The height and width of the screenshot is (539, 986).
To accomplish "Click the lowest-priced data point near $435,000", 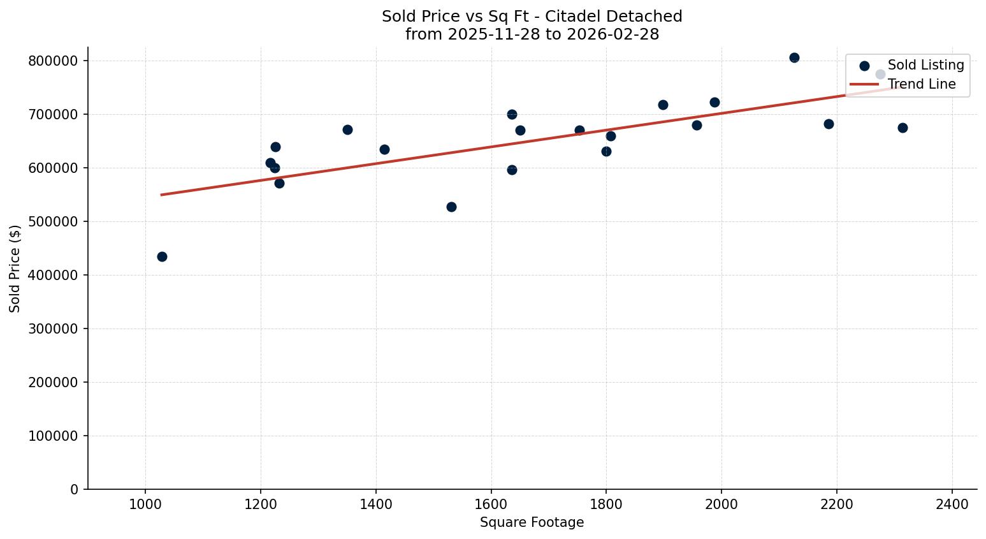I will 162,256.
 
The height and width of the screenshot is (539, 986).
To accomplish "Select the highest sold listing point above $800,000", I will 794,57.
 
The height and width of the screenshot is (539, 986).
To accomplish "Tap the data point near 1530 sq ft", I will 451,207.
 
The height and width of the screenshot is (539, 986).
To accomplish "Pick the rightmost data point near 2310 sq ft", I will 903,128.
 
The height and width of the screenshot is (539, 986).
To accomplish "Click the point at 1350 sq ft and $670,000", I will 347,129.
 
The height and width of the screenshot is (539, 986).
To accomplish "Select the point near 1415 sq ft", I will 384,149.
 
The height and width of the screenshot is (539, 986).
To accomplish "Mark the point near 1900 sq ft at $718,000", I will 663,105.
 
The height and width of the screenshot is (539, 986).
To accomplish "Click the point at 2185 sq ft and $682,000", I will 829,124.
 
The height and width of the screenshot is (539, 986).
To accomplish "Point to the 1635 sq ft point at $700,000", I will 512,114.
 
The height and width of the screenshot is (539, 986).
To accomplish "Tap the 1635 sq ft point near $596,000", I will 512,170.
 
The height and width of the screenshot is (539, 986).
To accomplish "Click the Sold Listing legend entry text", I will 925,65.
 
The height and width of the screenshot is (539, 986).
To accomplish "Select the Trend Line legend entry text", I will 921,84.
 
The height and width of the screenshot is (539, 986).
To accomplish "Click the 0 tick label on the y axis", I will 75,489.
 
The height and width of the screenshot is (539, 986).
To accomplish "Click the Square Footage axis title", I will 532,522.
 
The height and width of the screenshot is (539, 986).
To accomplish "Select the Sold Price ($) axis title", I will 15,268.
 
